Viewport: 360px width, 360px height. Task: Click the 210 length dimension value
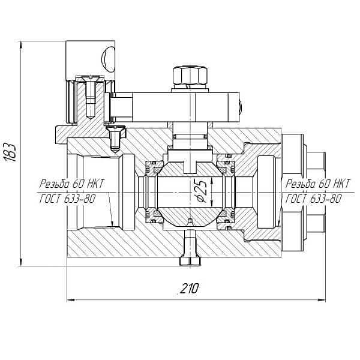(188, 289)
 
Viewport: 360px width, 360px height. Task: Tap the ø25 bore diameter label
(202, 190)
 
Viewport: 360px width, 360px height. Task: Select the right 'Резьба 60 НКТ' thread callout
(318, 184)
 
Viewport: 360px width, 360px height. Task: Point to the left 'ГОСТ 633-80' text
(67, 199)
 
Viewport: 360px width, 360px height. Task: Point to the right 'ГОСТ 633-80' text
(314, 199)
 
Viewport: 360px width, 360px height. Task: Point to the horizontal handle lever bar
(174, 107)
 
